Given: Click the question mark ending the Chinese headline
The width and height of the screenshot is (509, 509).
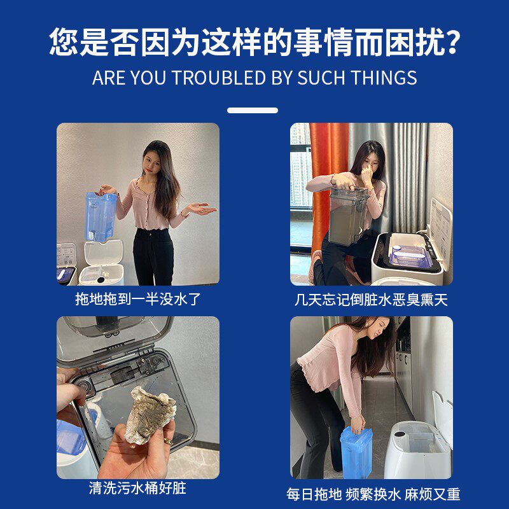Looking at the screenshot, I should [450, 42].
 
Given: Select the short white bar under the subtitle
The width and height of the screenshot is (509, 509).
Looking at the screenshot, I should [253, 110].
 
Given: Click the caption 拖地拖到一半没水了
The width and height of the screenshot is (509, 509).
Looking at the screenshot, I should [138, 299].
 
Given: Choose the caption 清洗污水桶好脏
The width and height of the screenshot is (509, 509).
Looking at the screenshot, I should [137, 489].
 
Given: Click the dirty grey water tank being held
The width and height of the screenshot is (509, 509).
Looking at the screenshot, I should [348, 216].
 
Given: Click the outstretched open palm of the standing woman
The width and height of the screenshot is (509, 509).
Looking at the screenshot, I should [201, 209].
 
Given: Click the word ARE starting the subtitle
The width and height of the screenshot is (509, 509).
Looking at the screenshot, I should [109, 78].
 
